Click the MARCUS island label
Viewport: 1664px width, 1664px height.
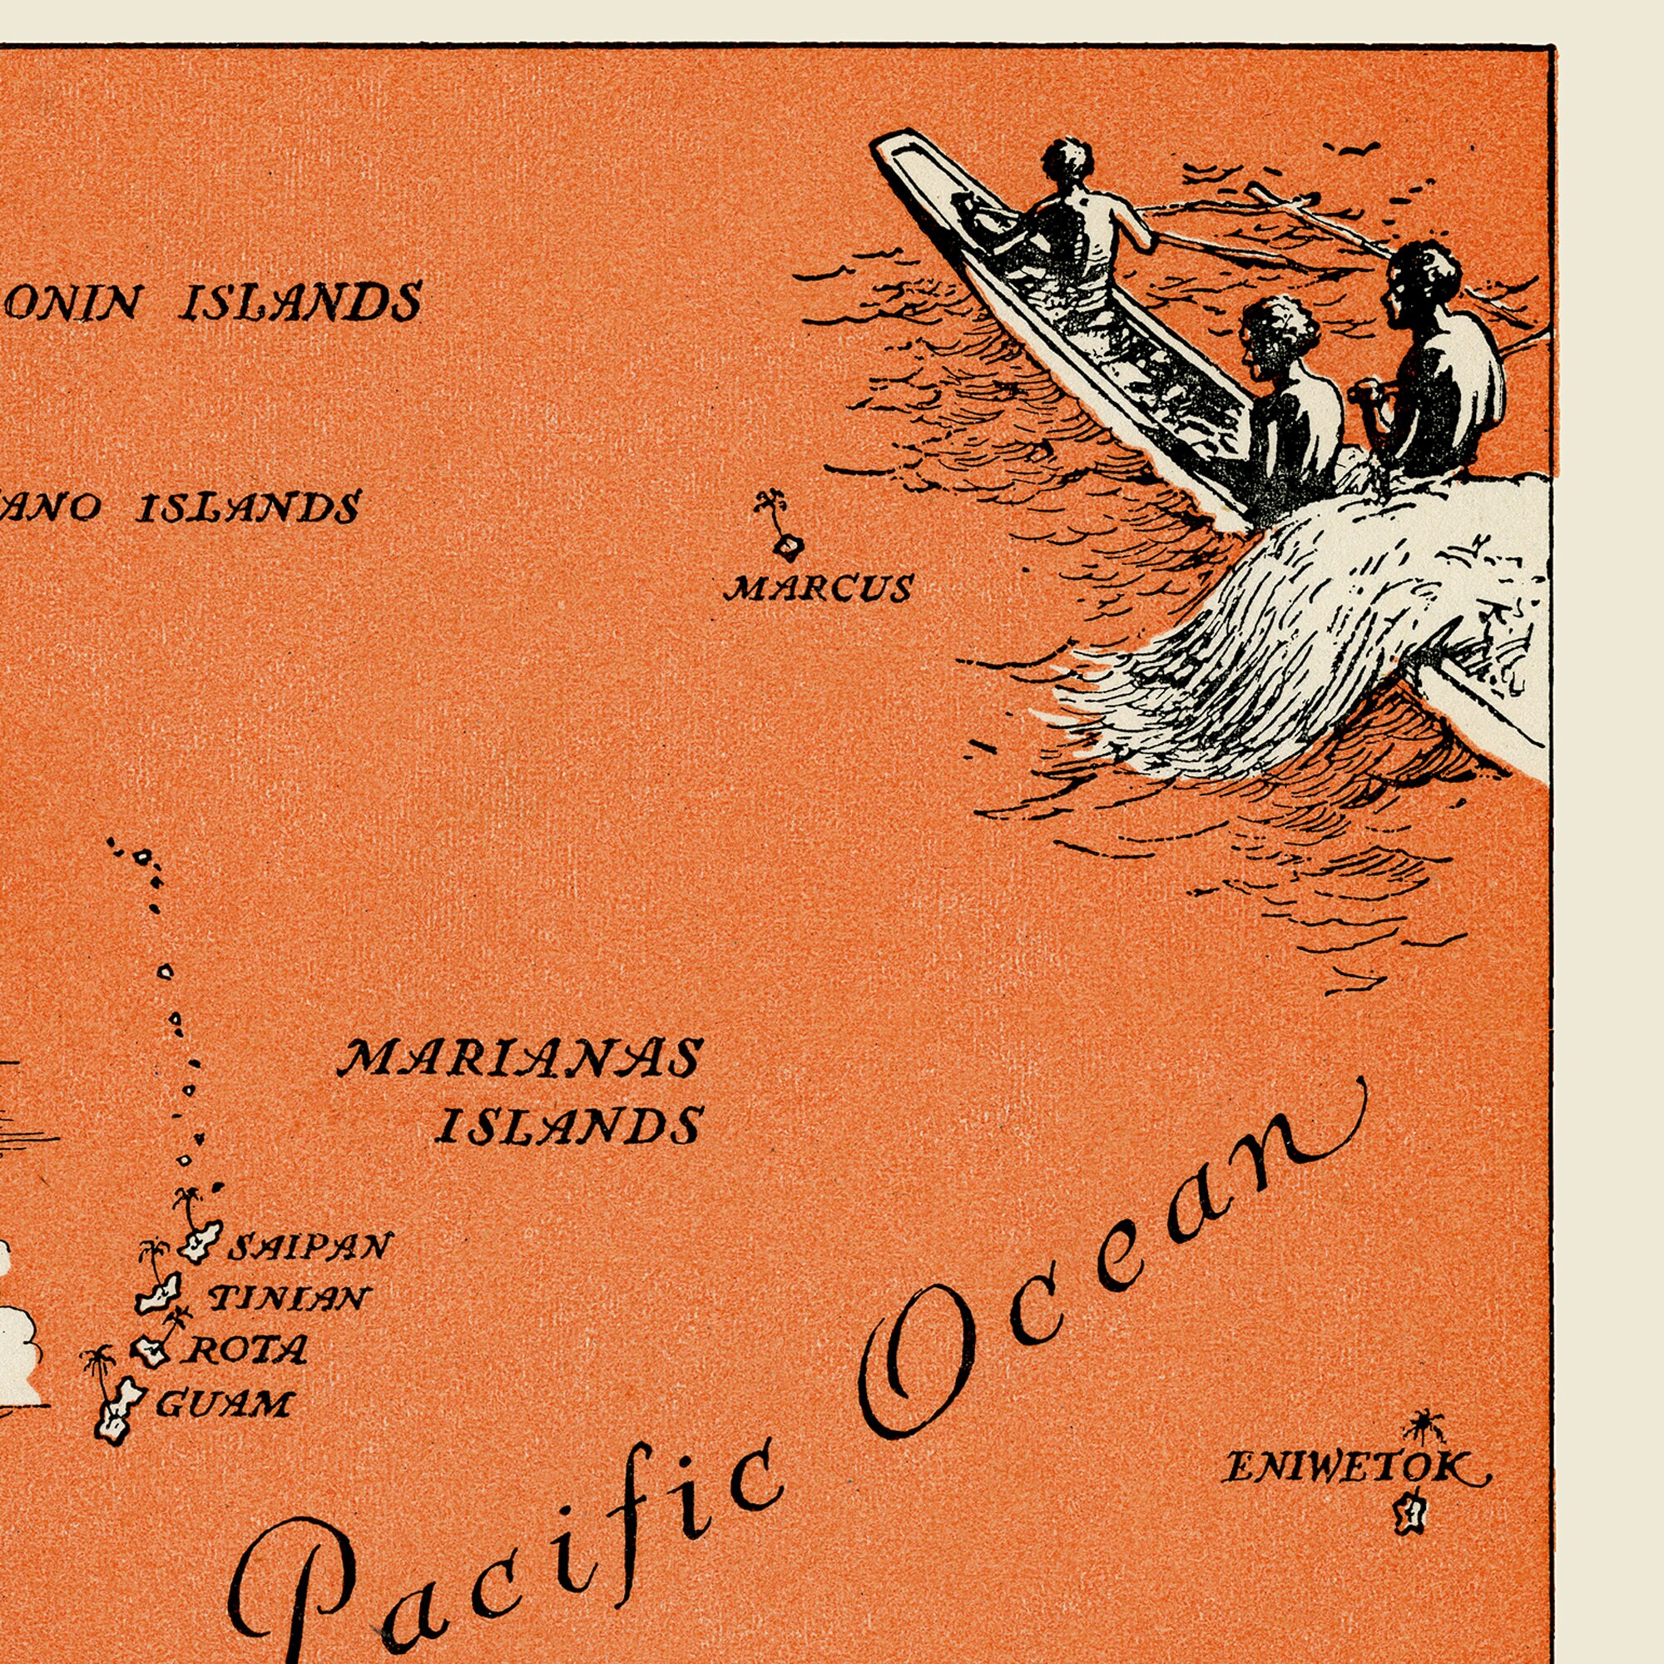coord(818,588)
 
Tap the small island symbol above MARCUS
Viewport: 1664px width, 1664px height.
coord(787,545)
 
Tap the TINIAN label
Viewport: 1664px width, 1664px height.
coord(289,1298)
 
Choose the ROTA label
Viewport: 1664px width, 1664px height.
coord(245,1350)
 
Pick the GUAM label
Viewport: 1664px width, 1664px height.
coord(224,1404)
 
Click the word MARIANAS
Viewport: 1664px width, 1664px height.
coord(520,1058)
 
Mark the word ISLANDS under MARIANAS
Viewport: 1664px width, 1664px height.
coord(568,1125)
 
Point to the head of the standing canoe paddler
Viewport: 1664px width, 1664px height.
coord(1068,157)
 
